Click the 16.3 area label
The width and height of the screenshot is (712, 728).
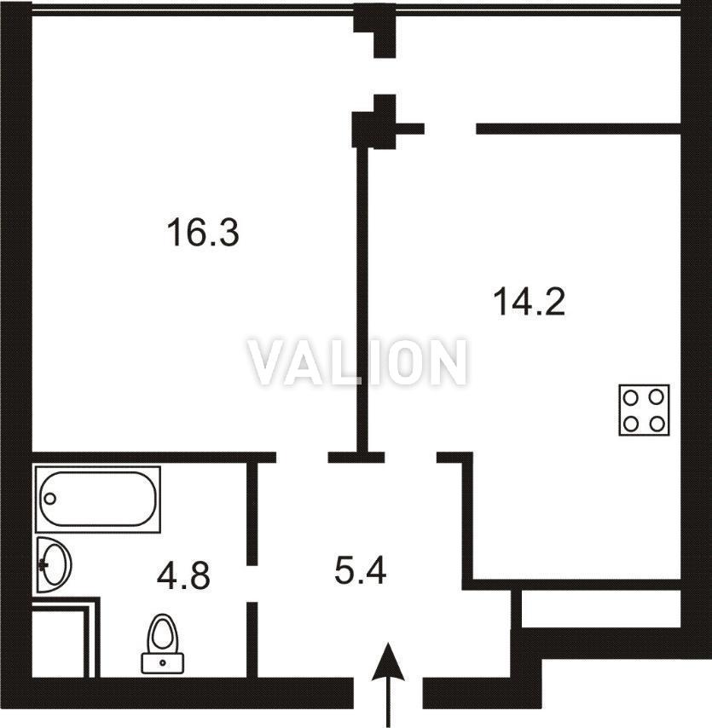(203, 233)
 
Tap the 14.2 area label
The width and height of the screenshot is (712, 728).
(529, 302)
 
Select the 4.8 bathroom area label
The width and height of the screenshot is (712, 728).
(183, 575)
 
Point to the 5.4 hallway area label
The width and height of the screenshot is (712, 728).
(361, 570)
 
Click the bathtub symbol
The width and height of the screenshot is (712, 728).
(98, 499)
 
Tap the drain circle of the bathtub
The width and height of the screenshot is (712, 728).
(50, 499)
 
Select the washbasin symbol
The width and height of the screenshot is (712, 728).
(54, 565)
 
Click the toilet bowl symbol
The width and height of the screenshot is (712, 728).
(163, 633)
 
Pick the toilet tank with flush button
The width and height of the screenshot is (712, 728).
(163, 663)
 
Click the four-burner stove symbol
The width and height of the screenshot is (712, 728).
(644, 410)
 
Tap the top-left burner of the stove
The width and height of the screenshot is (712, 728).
(631, 398)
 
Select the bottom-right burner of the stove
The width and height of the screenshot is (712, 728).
(657, 424)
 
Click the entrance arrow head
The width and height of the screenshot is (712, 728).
(388, 662)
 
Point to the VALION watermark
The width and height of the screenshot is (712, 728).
(357, 362)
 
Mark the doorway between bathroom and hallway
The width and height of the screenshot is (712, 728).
(252, 584)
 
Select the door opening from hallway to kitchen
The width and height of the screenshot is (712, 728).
(411, 457)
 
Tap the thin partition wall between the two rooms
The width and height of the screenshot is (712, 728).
(362, 299)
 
